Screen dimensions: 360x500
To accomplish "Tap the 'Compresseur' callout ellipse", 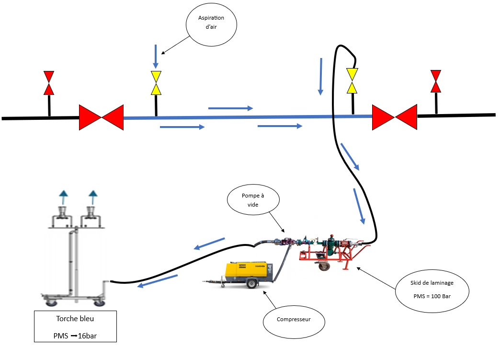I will (294, 319).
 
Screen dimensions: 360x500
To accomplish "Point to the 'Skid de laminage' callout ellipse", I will (432, 290).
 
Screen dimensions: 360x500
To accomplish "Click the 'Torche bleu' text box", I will (75, 326).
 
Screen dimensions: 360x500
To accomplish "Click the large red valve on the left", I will (101, 117).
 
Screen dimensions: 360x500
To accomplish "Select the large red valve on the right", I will (395, 117).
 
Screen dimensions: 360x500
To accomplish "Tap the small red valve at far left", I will (49, 83).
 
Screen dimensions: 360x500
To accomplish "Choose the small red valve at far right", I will (435, 81).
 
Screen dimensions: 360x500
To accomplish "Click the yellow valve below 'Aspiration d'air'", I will (156, 83).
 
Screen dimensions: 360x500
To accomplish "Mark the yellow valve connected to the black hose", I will (352, 81).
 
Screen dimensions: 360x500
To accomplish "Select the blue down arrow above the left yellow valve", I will (155, 56).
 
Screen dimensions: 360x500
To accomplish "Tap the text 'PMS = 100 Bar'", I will (432, 296).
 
